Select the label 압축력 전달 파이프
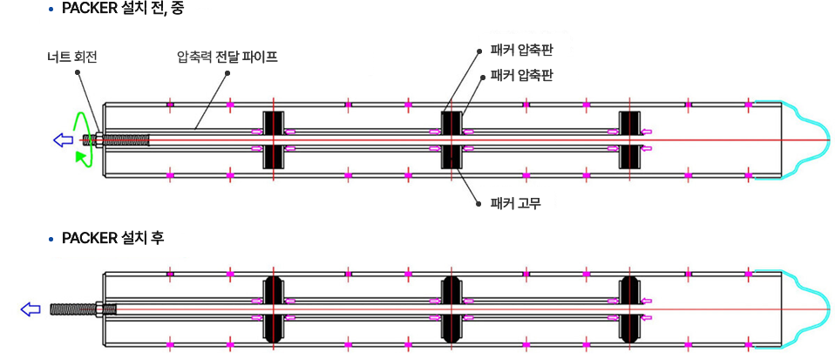point(227,57)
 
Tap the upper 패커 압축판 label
point(521,51)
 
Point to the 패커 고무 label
point(515,203)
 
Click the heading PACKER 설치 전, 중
point(123,10)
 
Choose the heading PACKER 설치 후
point(113,238)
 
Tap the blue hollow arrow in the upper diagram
point(63,140)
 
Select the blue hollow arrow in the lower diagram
point(30,309)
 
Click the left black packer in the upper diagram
point(273,140)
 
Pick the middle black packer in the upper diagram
point(451,140)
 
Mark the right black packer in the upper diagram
point(629,140)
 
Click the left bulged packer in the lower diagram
point(273,309)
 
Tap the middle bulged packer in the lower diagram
point(451,309)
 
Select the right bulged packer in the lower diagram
point(629,309)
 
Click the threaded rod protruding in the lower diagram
point(73,309)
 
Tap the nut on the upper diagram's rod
point(99,140)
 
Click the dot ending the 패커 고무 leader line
point(479,203)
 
